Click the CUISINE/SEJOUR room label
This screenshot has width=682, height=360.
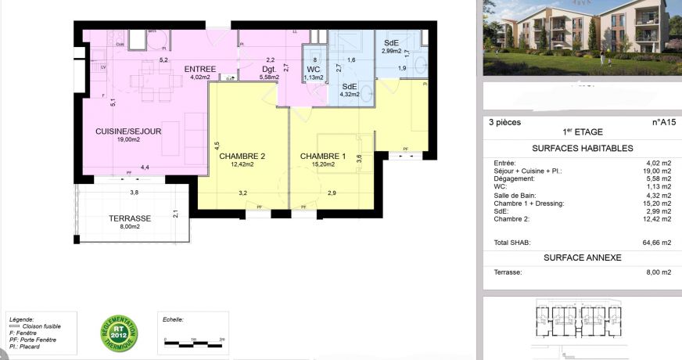[x=128, y=131]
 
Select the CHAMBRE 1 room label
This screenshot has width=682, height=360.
[x=323, y=156]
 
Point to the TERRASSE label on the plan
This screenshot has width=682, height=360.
[x=130, y=218]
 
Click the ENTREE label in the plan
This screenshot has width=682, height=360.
[x=200, y=69]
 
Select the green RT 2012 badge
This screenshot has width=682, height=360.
[x=119, y=333]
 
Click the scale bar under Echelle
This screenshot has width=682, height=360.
[x=194, y=341]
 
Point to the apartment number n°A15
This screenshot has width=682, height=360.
[x=662, y=122]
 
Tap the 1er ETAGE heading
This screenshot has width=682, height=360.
[x=582, y=132]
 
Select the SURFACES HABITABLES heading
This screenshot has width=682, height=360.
[x=582, y=148]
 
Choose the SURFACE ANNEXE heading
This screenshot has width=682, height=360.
[x=582, y=257]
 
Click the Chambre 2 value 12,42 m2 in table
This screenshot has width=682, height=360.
[x=657, y=219]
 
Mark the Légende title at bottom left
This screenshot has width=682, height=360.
[x=21, y=319]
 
